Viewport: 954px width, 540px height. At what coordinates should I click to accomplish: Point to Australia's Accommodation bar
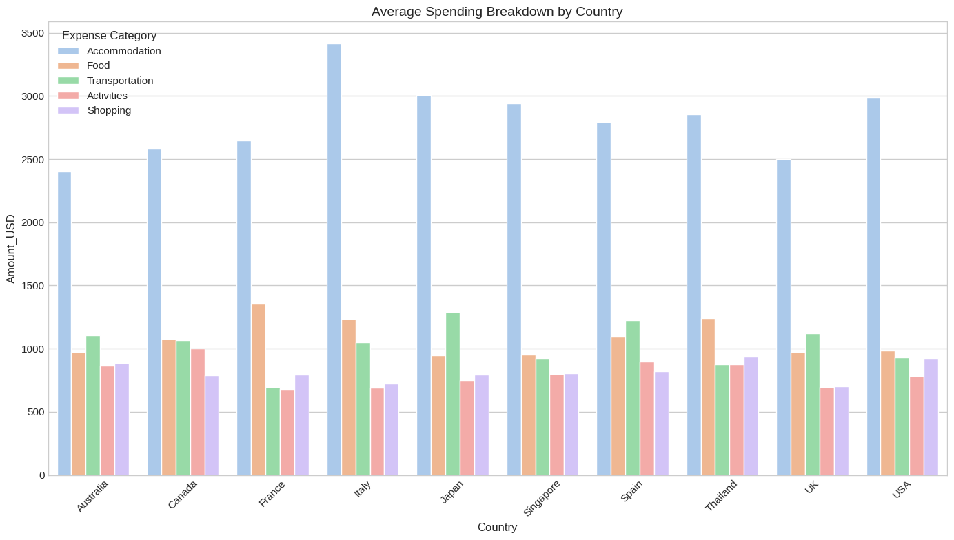point(65,324)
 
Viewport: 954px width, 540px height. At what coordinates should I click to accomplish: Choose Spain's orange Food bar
point(618,406)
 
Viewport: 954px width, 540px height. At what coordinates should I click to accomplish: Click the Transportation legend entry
point(120,81)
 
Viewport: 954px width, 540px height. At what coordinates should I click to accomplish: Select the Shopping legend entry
point(109,110)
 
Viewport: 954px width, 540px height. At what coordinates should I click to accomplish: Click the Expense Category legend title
point(109,35)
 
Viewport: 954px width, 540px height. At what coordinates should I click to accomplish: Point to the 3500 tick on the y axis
point(33,33)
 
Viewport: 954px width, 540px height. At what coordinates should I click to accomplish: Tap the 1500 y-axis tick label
point(33,286)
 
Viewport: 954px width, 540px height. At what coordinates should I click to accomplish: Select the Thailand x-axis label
point(721,495)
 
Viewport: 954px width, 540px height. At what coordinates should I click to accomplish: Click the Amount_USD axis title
point(11,249)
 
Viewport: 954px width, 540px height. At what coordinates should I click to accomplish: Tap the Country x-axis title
point(497,528)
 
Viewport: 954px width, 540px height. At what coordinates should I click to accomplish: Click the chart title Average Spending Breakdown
point(497,11)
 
